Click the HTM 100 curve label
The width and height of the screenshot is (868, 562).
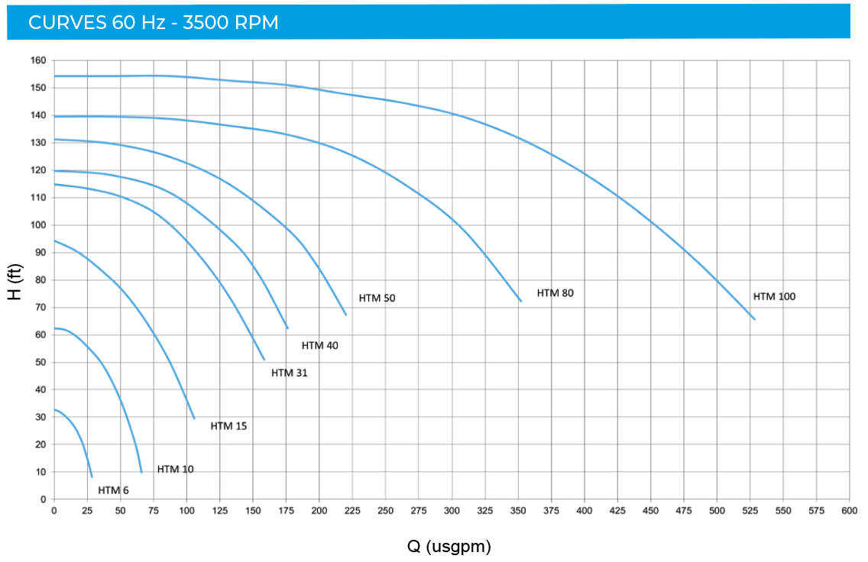click(x=774, y=296)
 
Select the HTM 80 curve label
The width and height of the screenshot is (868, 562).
click(x=555, y=292)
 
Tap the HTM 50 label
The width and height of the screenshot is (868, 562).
click(x=377, y=298)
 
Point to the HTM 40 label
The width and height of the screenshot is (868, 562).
click(x=319, y=345)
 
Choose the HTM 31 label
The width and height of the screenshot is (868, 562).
click(x=289, y=373)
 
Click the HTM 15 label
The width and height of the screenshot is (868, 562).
click(x=228, y=425)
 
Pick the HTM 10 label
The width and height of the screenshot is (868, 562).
click(x=175, y=469)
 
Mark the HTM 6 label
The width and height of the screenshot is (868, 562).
click(x=113, y=490)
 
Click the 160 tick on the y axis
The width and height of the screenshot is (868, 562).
click(x=38, y=60)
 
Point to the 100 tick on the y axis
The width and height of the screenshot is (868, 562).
click(x=38, y=225)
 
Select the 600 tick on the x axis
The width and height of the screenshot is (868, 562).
click(x=849, y=510)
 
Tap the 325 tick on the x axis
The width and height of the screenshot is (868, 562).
click(x=484, y=510)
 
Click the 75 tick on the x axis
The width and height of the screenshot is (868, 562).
click(x=153, y=510)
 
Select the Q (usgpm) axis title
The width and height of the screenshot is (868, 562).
click(x=449, y=546)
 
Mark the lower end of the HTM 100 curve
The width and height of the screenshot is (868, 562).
click(x=754, y=319)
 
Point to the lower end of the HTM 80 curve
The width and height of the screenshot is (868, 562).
click(x=521, y=301)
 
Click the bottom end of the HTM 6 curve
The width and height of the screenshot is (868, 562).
click(x=92, y=476)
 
